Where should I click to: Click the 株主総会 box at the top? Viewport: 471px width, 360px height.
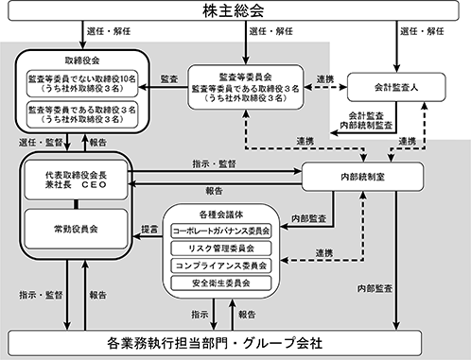234,10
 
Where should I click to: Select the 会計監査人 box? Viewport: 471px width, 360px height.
396,87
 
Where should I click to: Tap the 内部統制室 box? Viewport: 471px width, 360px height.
362,177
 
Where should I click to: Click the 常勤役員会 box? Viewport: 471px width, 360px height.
76,229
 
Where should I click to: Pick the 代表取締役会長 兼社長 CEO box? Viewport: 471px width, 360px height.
76,180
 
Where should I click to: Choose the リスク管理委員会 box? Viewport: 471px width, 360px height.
221,249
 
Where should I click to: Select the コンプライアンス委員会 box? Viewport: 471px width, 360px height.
221,266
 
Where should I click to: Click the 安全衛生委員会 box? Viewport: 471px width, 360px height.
221,283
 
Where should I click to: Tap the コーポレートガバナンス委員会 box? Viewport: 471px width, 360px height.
221,231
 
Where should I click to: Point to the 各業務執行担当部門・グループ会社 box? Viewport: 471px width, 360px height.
215,343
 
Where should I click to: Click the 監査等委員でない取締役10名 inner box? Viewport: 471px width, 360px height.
82,83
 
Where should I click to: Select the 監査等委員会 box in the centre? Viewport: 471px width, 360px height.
246,87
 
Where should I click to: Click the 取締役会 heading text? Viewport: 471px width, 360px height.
82,60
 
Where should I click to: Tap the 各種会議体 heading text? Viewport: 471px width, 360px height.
221,214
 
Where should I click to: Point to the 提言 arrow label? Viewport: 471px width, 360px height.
149,230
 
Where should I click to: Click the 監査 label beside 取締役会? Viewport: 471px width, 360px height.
169,79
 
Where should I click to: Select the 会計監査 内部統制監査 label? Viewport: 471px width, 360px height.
366,121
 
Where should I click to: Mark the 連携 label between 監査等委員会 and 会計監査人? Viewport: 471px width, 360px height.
325,79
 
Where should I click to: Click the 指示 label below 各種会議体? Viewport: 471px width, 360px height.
200,315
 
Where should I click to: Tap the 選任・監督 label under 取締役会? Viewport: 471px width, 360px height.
41,143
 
